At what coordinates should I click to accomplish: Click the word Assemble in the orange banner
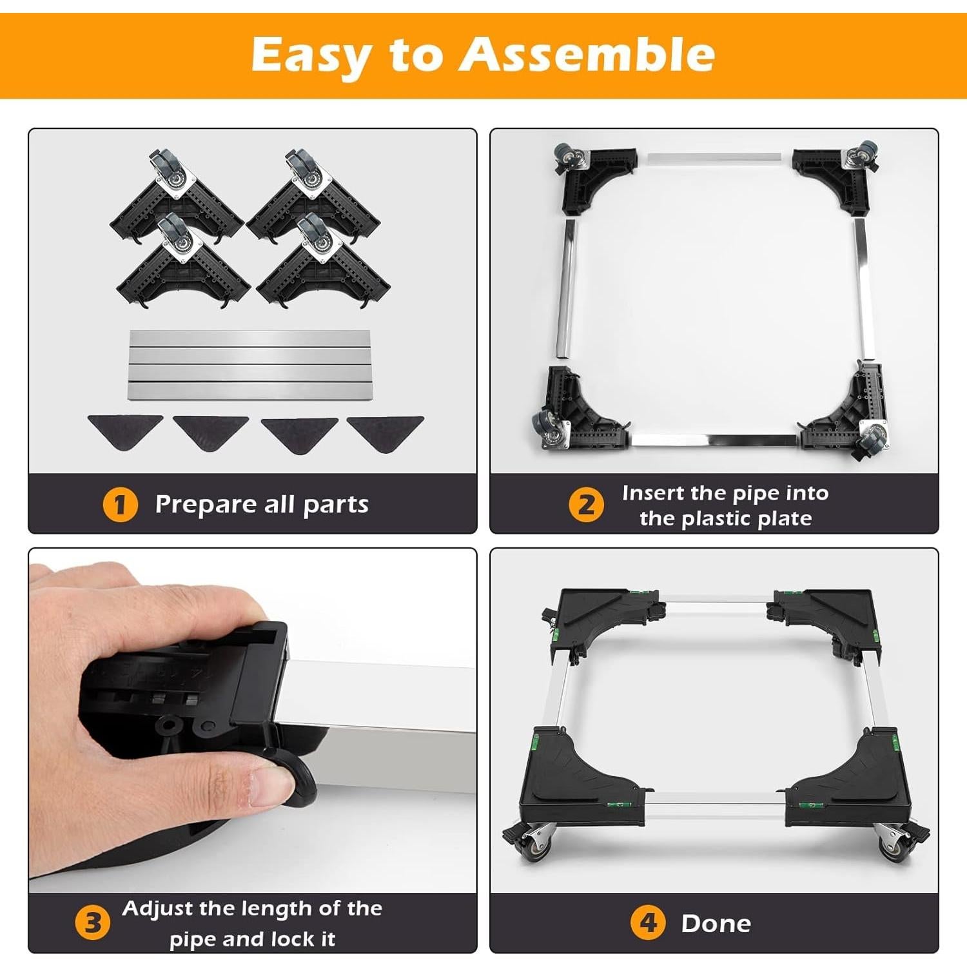coord(587,54)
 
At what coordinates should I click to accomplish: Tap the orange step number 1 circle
coord(120,505)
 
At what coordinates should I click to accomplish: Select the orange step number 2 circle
coord(585,505)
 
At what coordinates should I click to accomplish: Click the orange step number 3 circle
coord(92,923)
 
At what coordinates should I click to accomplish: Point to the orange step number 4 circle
coord(647,923)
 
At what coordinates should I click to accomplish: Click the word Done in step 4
coord(716,924)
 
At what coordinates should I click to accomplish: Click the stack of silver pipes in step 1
coord(249,365)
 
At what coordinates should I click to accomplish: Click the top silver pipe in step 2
coord(714,159)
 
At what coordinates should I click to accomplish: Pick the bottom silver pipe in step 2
coord(714,440)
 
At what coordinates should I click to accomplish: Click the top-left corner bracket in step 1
coord(174,197)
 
